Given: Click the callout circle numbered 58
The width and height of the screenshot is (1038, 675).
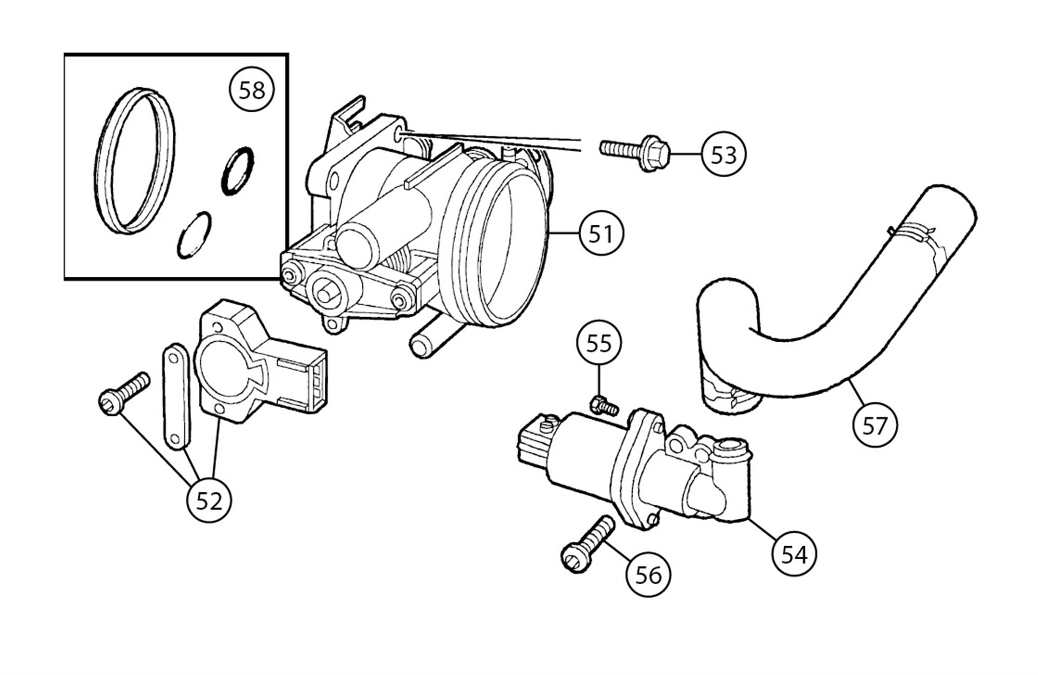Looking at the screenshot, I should click(x=252, y=91).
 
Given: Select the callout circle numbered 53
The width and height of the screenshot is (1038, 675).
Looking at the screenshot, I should click(x=723, y=154).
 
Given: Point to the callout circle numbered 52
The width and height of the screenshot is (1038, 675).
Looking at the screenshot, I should click(x=209, y=501).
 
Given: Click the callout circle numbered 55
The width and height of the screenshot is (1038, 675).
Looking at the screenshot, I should click(x=599, y=343).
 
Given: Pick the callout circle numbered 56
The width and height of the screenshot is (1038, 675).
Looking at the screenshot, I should click(x=648, y=575).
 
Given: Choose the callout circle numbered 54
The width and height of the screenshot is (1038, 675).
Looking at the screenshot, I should click(x=794, y=555).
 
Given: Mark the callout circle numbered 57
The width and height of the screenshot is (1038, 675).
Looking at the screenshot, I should click(x=875, y=426).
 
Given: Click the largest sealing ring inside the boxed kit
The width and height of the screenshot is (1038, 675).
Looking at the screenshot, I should click(x=135, y=161).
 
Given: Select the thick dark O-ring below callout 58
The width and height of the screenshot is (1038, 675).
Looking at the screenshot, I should click(x=238, y=171).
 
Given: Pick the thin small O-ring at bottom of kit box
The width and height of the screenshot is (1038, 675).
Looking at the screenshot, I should click(x=194, y=235).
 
